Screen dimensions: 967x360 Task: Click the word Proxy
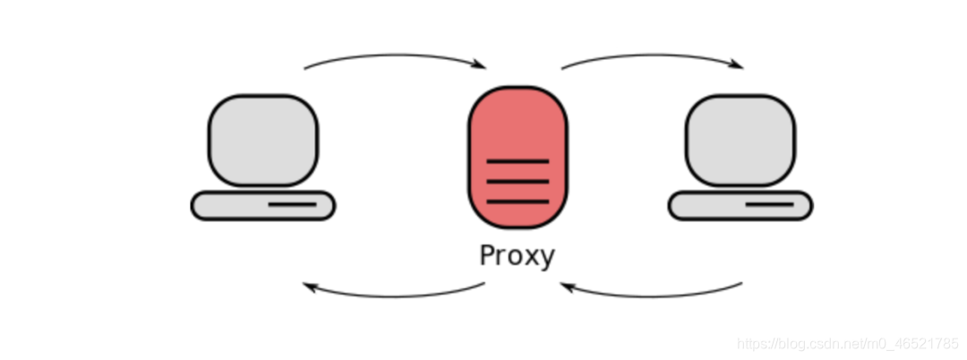(x=517, y=255)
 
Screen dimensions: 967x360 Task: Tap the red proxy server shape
(x=518, y=125)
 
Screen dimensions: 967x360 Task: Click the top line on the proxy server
(x=518, y=161)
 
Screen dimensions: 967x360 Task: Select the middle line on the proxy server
(x=518, y=181)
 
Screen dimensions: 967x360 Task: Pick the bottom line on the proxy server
(x=518, y=201)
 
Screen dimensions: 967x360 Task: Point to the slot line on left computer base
(x=292, y=204)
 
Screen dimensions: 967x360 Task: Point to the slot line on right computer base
(x=769, y=204)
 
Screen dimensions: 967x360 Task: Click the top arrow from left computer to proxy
(x=394, y=56)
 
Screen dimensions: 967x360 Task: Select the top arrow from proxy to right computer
(x=651, y=56)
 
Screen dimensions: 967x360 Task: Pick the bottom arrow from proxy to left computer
(x=394, y=294)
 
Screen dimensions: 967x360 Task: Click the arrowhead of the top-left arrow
(x=480, y=64)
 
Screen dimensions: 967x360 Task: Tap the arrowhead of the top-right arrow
(x=737, y=64)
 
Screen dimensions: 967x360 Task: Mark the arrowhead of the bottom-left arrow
(x=310, y=287)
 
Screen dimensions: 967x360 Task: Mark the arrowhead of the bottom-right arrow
(x=567, y=287)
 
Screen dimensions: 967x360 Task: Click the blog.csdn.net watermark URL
(x=847, y=344)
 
